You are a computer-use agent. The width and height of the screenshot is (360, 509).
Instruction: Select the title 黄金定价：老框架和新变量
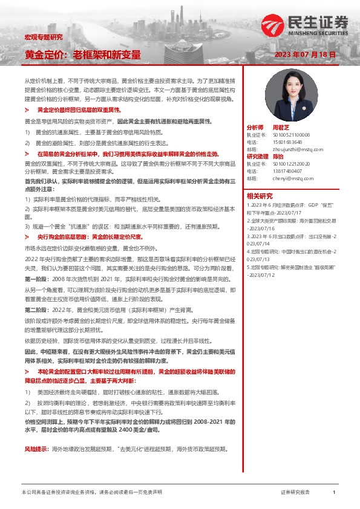click(82, 54)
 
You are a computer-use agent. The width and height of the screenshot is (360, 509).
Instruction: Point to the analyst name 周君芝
click(281, 128)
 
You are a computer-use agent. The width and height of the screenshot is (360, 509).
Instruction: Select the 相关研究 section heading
click(261, 196)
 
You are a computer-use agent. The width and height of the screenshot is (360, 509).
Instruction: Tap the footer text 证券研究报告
click(295, 493)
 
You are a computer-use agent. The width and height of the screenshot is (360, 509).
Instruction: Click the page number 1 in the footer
click(334, 493)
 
